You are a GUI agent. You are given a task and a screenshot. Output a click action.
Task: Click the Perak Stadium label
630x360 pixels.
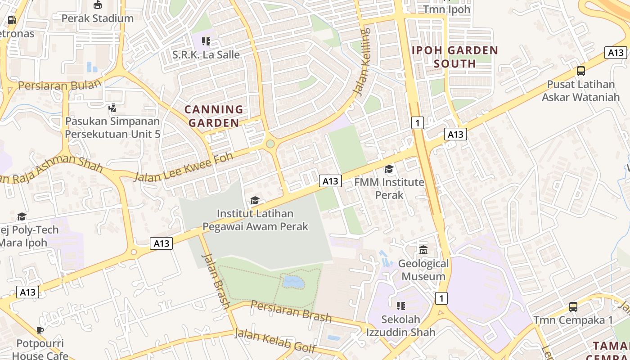click(97, 18)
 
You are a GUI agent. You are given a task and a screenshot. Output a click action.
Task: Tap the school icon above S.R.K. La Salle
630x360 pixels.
click(206, 42)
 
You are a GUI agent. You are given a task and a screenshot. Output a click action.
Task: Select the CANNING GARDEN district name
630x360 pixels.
click(214, 116)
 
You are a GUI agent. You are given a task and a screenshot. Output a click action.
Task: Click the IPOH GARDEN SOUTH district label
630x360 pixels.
click(455, 57)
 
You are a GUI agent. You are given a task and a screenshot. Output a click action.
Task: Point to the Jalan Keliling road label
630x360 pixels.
click(362, 62)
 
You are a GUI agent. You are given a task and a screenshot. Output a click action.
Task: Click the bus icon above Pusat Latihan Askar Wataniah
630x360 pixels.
click(581, 71)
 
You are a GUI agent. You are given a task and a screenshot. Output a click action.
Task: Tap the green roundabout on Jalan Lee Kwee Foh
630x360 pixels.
click(270, 144)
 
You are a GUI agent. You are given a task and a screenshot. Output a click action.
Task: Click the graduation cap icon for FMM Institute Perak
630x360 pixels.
click(389, 169)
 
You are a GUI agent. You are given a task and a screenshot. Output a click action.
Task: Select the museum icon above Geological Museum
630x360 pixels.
click(423, 250)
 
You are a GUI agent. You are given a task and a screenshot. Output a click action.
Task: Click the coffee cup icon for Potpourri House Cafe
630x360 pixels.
click(40, 331)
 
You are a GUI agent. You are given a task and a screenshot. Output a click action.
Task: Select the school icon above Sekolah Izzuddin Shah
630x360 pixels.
click(400, 306)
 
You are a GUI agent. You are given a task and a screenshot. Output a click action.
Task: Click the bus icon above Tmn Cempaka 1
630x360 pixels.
click(573, 307)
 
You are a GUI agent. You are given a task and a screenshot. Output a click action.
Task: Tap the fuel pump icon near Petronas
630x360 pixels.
click(12, 20)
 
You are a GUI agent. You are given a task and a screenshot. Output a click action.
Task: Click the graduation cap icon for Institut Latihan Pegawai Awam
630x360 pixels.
click(255, 201)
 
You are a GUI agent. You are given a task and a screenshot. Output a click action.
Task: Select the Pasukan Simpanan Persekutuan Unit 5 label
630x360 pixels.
click(112, 127)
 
